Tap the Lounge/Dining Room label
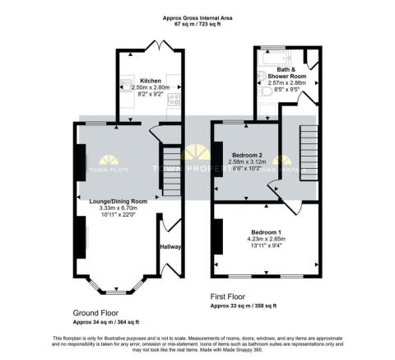coord(118,200)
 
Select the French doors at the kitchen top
coord(151,46)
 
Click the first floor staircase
coord(308,152)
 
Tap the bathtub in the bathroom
coord(271,54)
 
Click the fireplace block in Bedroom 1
coord(217,237)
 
